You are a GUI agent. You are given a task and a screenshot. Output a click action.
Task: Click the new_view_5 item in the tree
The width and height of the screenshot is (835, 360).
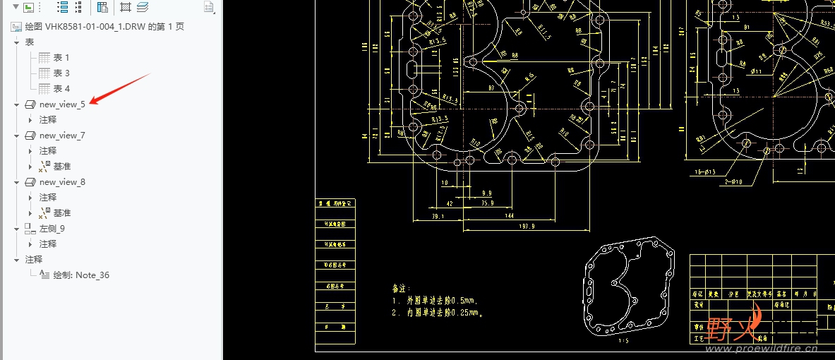[62, 104]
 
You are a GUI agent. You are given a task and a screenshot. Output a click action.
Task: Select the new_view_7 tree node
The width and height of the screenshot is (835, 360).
[62, 136]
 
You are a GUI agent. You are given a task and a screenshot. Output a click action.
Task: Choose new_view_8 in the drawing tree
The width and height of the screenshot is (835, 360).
[62, 182]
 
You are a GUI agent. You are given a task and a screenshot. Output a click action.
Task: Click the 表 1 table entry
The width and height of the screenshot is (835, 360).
[61, 58]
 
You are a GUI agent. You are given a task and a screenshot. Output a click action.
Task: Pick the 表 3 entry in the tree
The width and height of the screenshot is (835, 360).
[61, 73]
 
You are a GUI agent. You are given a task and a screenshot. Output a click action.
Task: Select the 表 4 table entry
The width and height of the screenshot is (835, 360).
[61, 89]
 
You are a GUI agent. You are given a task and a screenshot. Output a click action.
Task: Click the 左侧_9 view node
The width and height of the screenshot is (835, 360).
[52, 229]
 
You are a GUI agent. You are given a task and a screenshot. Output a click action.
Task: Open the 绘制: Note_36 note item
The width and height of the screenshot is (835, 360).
[81, 275]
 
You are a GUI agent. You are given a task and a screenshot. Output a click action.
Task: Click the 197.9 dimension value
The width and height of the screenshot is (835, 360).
[527, 226]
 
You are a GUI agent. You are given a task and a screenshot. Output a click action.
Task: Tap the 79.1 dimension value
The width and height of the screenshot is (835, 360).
[438, 216]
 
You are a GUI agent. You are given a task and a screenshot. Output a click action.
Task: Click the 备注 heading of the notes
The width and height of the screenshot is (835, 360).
[401, 288]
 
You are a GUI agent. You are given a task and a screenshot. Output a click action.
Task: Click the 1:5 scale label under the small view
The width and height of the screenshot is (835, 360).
[623, 341]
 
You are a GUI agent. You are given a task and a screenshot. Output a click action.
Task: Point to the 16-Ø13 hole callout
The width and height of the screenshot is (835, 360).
[705, 172]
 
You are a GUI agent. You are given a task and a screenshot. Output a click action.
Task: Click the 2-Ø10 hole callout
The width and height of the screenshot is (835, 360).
[735, 181]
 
